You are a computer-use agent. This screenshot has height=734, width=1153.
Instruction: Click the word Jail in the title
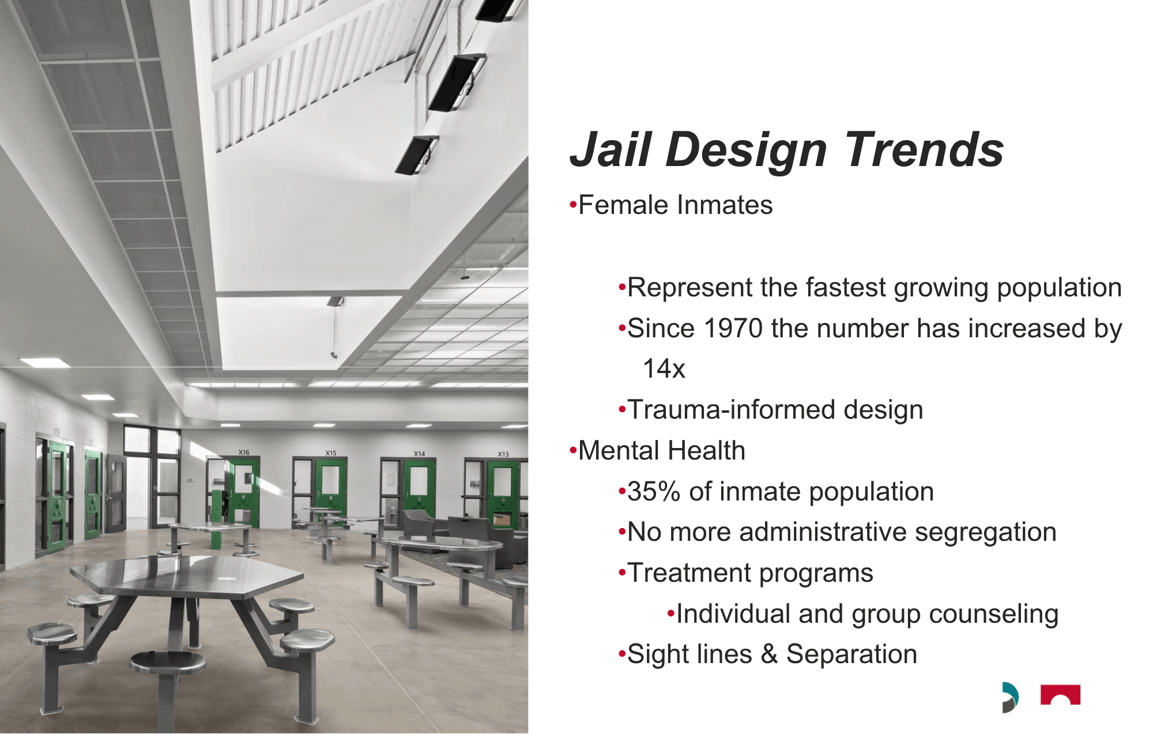pos(611,149)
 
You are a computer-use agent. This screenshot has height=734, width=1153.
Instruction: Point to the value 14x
pos(664,369)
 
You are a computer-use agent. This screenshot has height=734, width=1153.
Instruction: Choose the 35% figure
pos(654,492)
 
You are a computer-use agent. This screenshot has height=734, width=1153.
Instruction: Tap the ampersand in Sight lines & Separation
pos(769,654)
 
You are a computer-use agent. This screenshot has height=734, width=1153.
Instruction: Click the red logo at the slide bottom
pos(1060,695)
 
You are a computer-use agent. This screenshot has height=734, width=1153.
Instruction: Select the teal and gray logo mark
pos(1010,697)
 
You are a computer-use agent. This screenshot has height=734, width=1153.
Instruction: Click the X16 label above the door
pos(244,453)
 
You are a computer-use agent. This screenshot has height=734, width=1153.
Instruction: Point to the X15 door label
pos(331,453)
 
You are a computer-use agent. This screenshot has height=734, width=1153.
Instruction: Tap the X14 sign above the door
pos(419,454)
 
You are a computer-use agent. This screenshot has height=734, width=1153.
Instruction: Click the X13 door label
pos(503,454)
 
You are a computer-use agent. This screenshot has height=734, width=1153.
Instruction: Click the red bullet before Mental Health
pos(572,450)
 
